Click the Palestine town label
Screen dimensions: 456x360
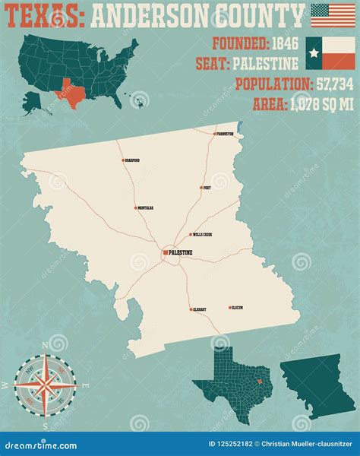tap(182, 252)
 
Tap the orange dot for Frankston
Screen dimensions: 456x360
tap(214, 134)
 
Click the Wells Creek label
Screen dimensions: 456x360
tap(203, 235)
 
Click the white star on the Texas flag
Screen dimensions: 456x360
tap(314, 52)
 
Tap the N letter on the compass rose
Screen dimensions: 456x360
tap(46, 344)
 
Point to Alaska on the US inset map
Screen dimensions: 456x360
tap(34, 99)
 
